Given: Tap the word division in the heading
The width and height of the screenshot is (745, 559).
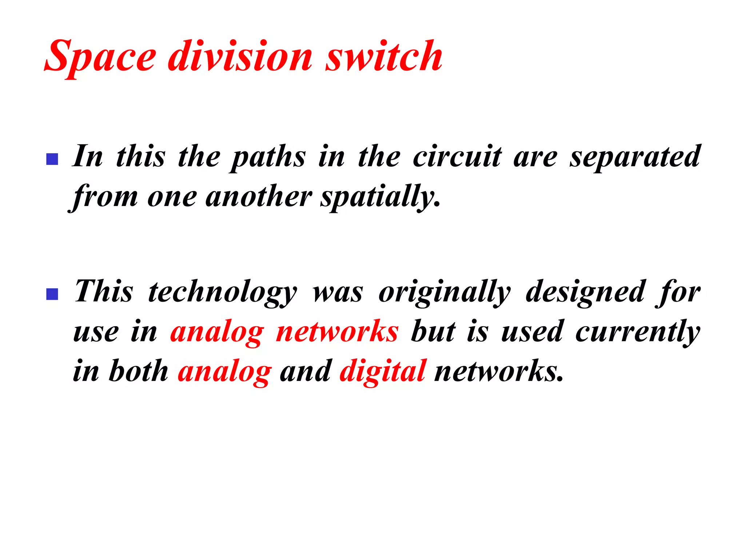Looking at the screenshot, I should pyautogui.click(x=240, y=56).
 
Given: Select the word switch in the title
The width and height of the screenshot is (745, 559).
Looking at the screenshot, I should pyautogui.click(x=384, y=56).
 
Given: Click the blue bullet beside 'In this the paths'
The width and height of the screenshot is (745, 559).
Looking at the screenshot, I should pyautogui.click(x=52, y=159).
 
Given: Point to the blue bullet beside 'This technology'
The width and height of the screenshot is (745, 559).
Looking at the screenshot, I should pyautogui.click(x=52, y=294).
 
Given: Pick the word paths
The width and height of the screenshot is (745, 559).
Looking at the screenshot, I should pyautogui.click(x=268, y=157).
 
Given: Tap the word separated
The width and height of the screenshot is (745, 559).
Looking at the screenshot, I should pyautogui.click(x=635, y=157).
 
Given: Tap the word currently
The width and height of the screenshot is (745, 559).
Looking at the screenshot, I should pyautogui.click(x=638, y=332).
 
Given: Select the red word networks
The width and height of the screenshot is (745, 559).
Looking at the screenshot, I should pyautogui.click(x=337, y=332).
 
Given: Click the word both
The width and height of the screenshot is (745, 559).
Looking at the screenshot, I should pyautogui.click(x=139, y=371).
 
